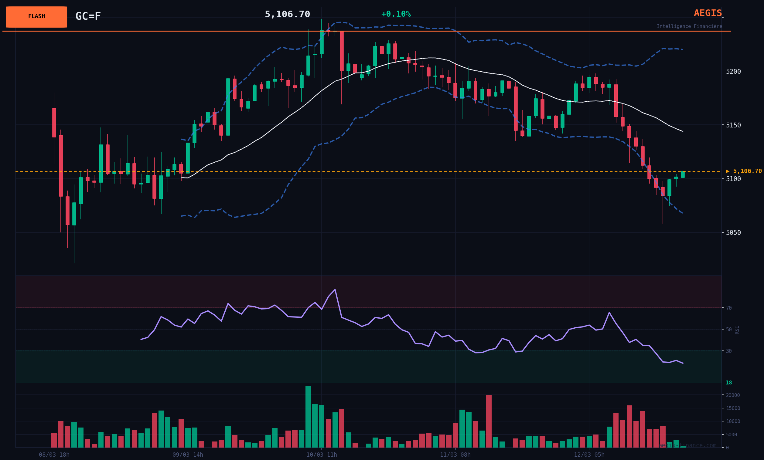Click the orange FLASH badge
point(36,17)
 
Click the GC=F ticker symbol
point(88,16)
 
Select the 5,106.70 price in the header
point(287,14)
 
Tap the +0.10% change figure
point(396,14)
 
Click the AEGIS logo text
point(708,13)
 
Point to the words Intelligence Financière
point(689,26)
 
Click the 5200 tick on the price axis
point(733,72)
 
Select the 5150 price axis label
point(733,125)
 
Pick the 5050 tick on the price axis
point(733,233)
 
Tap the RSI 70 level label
point(729,308)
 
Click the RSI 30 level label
point(729,351)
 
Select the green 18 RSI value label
point(729,383)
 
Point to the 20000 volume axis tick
point(733,395)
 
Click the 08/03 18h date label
point(54,455)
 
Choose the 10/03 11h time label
point(322,455)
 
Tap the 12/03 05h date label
point(589,455)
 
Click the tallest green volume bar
point(308,417)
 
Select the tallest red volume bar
point(489,421)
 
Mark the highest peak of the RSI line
point(335,290)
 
